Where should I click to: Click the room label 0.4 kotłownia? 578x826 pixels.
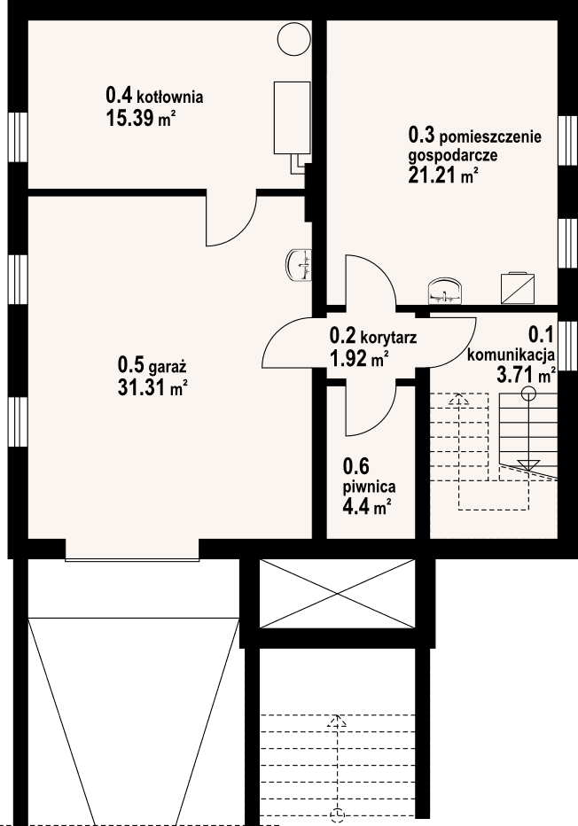click(x=154, y=95)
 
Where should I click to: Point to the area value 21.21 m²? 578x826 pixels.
click(x=443, y=174)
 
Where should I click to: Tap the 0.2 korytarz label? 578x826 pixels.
click(x=373, y=337)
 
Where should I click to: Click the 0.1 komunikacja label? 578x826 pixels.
click(x=512, y=345)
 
